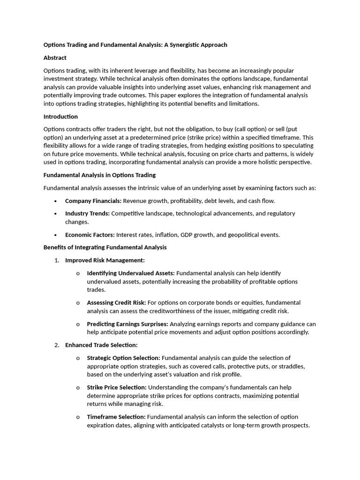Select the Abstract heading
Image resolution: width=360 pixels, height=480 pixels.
coord(55,58)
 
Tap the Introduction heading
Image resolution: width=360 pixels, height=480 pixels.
coord(60,116)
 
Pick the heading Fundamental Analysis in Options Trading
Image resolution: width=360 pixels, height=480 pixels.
coord(99,175)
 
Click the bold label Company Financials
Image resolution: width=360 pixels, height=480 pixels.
coord(93,201)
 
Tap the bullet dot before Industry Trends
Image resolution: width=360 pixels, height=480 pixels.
coord(56,214)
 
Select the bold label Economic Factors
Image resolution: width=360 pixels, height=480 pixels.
coord(90,235)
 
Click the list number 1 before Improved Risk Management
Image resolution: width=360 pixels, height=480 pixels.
coord(57,260)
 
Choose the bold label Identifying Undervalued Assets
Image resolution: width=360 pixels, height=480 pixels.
coord(130,273)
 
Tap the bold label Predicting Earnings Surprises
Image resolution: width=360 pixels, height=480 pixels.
coord(127,324)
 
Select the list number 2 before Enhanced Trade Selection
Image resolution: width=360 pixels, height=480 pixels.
coord(57,345)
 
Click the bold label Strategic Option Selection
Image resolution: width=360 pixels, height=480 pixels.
coord(123,358)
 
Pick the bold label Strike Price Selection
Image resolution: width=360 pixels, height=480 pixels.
coord(116,387)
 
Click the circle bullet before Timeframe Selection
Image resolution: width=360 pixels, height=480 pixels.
coord(78,417)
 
